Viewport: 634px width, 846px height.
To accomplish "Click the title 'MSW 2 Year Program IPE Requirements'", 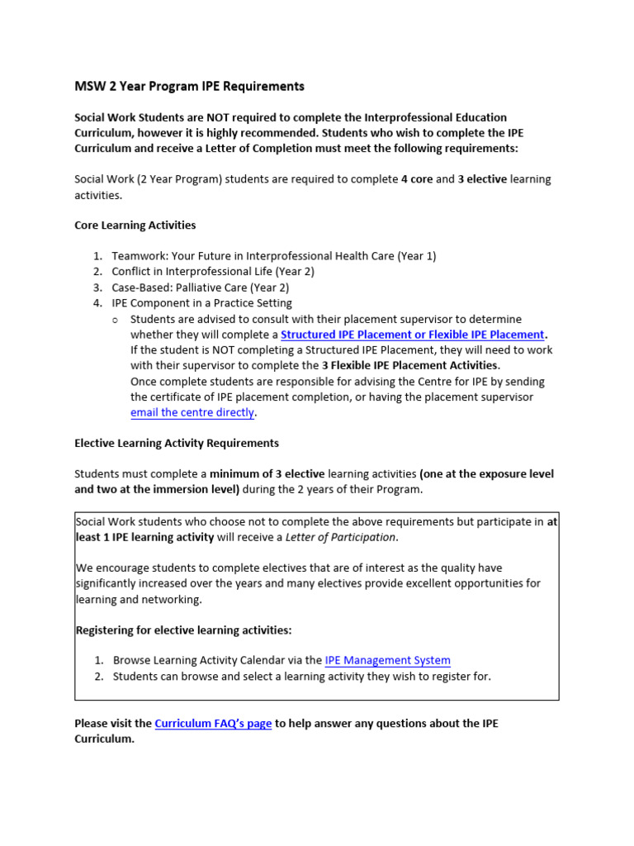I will (189, 86).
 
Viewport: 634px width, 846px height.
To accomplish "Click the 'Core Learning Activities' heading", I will (135, 225).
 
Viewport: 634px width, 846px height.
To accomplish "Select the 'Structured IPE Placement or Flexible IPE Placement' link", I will (412, 335).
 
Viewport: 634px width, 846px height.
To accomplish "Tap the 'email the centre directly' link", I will (192, 412).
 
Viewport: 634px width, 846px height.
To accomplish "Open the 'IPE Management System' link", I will (387, 660).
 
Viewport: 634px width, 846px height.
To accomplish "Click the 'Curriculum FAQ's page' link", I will (213, 723).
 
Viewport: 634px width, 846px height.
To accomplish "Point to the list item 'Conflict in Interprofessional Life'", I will (213, 272).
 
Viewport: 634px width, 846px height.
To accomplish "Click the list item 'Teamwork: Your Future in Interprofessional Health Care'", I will (274, 256).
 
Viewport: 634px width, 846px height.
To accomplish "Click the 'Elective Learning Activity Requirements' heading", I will (177, 444).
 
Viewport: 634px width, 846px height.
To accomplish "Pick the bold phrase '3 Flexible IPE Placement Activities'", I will (409, 366).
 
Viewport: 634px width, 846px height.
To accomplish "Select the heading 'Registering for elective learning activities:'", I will (183, 630).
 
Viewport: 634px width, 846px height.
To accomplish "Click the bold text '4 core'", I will (416, 179).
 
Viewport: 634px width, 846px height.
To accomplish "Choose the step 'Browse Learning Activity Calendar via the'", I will (217, 660).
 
